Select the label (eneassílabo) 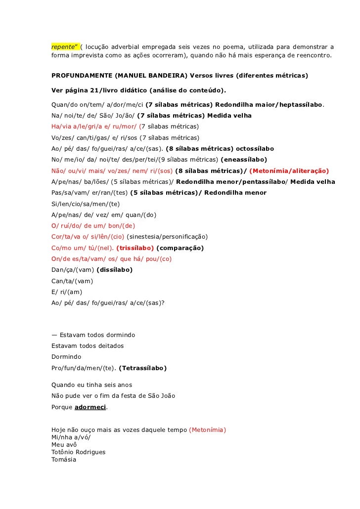(244, 160)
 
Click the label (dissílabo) (115, 270)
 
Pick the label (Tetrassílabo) (143, 368)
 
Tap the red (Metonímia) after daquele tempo (207, 430)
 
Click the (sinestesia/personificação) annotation (167, 236)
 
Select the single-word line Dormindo (66, 356)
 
